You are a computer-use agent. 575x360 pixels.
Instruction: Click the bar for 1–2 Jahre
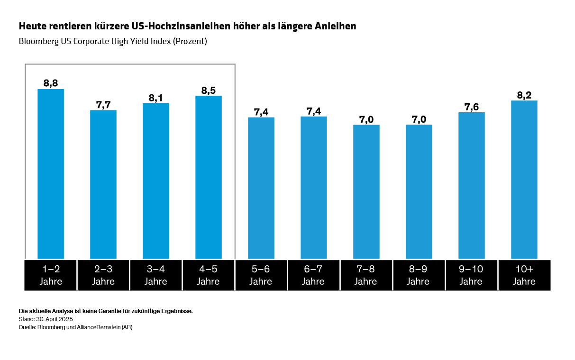[x=51, y=174]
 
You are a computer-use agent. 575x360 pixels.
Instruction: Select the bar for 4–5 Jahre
[x=209, y=177]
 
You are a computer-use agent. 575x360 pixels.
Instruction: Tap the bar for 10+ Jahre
[x=524, y=180]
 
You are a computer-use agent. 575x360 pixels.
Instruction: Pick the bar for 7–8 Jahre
[x=366, y=192]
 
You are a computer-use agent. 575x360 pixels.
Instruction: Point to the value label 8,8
[x=51, y=83]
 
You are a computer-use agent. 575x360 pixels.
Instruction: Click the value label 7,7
[x=103, y=105]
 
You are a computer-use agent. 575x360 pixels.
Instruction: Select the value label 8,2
[x=524, y=95]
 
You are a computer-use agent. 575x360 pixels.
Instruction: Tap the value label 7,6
[x=471, y=107]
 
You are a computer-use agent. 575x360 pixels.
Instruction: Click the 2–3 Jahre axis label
[x=103, y=275]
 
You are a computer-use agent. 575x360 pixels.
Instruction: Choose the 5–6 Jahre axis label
[x=261, y=275]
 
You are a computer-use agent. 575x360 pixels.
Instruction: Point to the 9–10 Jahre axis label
[x=471, y=275]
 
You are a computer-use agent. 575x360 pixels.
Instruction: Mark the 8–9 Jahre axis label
[x=418, y=275]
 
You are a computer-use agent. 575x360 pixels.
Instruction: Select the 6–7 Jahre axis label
[x=313, y=275]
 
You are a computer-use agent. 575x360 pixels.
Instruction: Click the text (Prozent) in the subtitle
[x=190, y=41]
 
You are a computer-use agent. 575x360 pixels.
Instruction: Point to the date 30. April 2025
[x=53, y=319]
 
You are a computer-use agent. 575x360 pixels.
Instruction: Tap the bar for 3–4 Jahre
[x=156, y=181]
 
